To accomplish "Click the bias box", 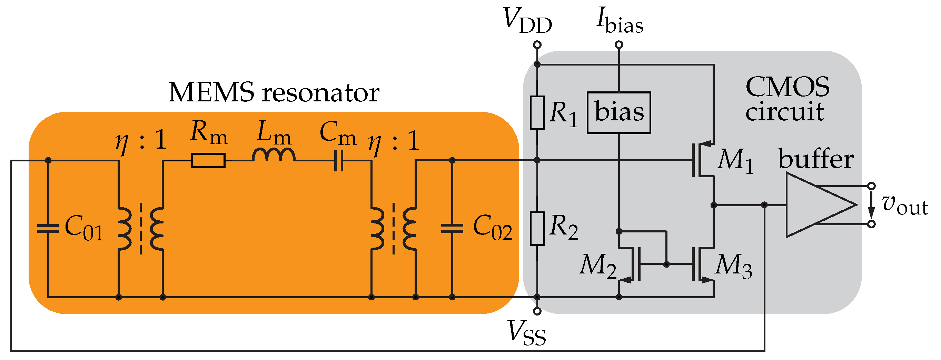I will coord(618,112).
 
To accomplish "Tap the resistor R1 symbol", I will coord(537,112).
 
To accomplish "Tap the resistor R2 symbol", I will coord(537,228).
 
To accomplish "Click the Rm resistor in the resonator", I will coord(208,160).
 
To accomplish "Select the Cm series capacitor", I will coord(339,161).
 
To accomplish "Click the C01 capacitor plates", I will coord(48,229).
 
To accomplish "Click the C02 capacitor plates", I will coord(452,229).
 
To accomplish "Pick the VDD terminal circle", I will coord(537,45).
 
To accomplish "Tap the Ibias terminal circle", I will coord(619,45).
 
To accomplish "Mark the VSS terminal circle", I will coord(537,311).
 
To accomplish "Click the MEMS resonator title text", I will coord(274,92).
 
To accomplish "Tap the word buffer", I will coord(815,159).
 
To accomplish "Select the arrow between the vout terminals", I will coord(871,205).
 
